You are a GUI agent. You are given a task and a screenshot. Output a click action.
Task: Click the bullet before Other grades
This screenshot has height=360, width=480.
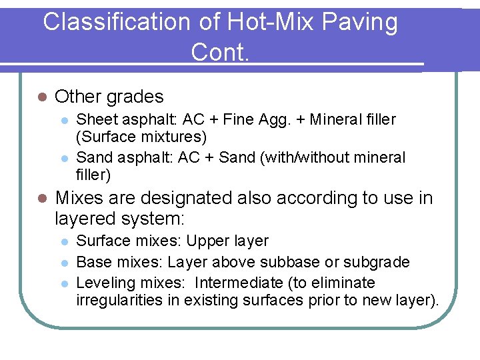(x=41, y=97)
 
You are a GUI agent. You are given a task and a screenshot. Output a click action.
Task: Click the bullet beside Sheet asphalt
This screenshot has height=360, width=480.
(x=63, y=121)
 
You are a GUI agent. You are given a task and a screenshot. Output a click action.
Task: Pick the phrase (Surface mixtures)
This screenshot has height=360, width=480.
(x=141, y=137)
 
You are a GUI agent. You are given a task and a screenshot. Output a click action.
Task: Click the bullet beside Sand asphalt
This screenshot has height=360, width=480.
(x=63, y=158)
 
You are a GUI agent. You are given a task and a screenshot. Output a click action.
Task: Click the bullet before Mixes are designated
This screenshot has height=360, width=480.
(x=41, y=199)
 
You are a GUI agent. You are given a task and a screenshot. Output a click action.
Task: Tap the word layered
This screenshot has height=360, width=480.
(x=85, y=219)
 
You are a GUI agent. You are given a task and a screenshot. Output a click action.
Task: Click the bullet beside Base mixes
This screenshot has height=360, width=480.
(x=63, y=263)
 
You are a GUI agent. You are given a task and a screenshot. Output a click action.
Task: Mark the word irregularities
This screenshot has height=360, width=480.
(x=120, y=300)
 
